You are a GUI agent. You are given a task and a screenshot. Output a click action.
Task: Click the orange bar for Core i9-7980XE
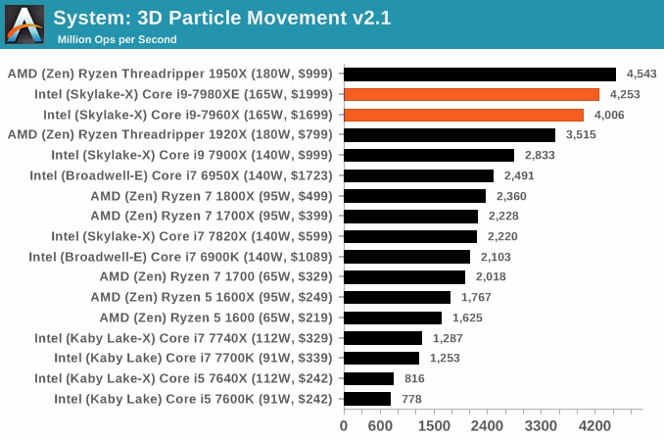point(471,94)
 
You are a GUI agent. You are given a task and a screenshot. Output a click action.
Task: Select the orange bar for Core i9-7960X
point(463,115)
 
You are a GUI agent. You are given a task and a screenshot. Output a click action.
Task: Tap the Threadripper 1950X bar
point(480,73)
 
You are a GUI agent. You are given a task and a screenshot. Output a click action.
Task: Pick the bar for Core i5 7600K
point(367,398)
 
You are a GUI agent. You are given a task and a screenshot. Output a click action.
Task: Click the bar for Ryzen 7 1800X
point(414,196)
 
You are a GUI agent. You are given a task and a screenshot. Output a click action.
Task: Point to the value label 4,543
point(641,73)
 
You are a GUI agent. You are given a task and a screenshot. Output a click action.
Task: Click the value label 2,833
point(540,155)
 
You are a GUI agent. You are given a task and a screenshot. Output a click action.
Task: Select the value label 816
point(414,378)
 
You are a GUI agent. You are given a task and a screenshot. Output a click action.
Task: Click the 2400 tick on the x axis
point(487,426)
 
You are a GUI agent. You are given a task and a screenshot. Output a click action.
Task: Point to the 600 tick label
point(380,426)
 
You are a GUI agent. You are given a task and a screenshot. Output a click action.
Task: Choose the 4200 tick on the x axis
point(594,426)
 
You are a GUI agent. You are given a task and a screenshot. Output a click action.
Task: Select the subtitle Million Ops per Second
point(117,39)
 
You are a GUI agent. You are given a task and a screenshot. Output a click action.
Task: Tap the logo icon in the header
point(24,24)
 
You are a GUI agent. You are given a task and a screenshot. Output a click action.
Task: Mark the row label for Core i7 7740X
point(183,337)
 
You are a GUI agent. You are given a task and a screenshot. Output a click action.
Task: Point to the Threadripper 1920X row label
point(170,134)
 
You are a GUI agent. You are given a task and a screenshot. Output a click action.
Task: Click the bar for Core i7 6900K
point(406,257)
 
